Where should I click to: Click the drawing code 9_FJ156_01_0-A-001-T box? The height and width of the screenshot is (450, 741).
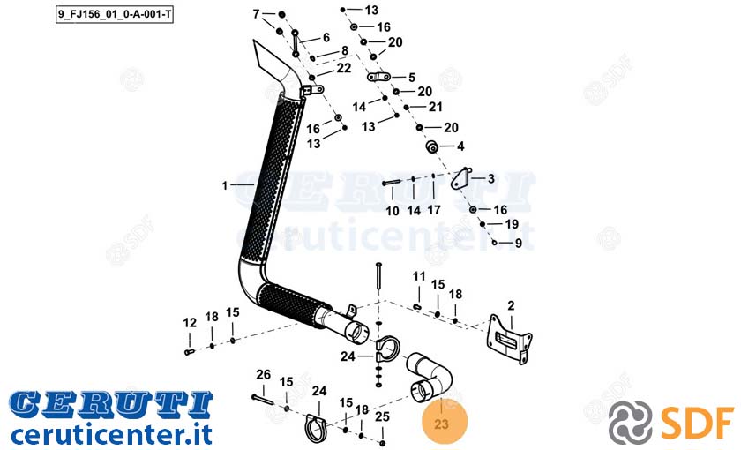[x=115, y=15]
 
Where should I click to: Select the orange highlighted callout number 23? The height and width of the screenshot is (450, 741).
[x=441, y=423]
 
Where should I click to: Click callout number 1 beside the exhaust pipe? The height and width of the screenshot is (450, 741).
[x=224, y=186]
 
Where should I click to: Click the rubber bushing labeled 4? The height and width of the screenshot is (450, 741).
[x=432, y=147]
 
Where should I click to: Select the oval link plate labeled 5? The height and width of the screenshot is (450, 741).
[x=379, y=77]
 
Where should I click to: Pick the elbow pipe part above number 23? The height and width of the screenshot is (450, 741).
[x=429, y=376]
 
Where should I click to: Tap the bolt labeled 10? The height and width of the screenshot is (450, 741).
[x=392, y=183]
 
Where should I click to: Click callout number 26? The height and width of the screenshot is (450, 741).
[x=263, y=375]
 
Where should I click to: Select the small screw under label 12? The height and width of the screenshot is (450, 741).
[x=189, y=352]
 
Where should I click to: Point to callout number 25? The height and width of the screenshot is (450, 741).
[x=382, y=416]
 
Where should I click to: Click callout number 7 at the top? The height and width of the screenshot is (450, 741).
[x=256, y=14]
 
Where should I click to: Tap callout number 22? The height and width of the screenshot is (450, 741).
[x=344, y=69]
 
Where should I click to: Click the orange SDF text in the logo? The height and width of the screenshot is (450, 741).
[x=698, y=422]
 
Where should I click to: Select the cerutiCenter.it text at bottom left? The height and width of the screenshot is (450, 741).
[x=111, y=434]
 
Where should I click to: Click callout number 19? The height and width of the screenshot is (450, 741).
[x=512, y=224]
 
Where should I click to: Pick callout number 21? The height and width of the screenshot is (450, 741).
[x=435, y=108]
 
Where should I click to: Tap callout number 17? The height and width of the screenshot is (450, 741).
[x=434, y=209]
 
